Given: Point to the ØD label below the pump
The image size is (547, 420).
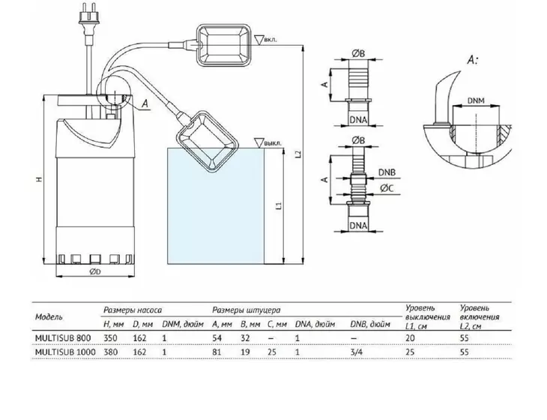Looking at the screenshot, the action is point(95,271).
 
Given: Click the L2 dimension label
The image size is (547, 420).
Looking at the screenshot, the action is point(297,154).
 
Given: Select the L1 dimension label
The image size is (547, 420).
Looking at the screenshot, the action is point(279,206).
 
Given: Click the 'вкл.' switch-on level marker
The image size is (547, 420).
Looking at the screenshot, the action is point(266,40).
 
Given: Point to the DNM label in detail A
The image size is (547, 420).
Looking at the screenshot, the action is point(476,100).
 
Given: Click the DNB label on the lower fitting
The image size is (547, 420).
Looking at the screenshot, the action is point(387,172).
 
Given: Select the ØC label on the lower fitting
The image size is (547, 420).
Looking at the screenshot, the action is point(387,188).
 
